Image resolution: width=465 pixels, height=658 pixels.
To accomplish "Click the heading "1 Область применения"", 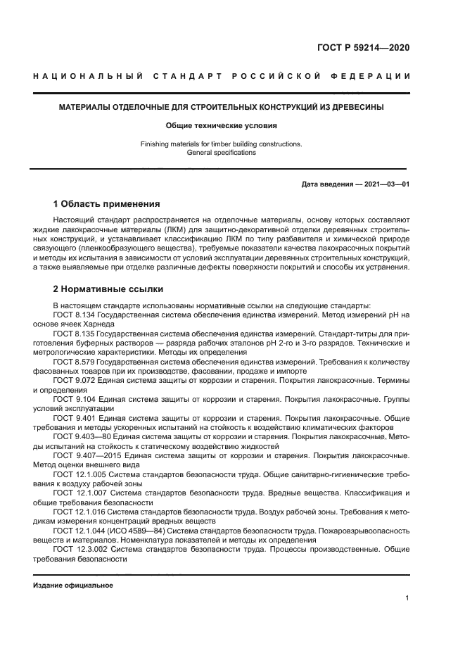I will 106,204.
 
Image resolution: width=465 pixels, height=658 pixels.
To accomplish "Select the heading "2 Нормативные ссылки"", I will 108,289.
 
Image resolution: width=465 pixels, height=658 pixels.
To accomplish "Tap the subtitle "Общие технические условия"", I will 222,126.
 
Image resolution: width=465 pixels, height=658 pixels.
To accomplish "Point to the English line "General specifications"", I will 222,153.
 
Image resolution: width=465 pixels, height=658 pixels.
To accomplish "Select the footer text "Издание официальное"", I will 72,586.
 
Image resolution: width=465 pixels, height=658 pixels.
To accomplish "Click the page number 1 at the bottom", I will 408,598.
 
